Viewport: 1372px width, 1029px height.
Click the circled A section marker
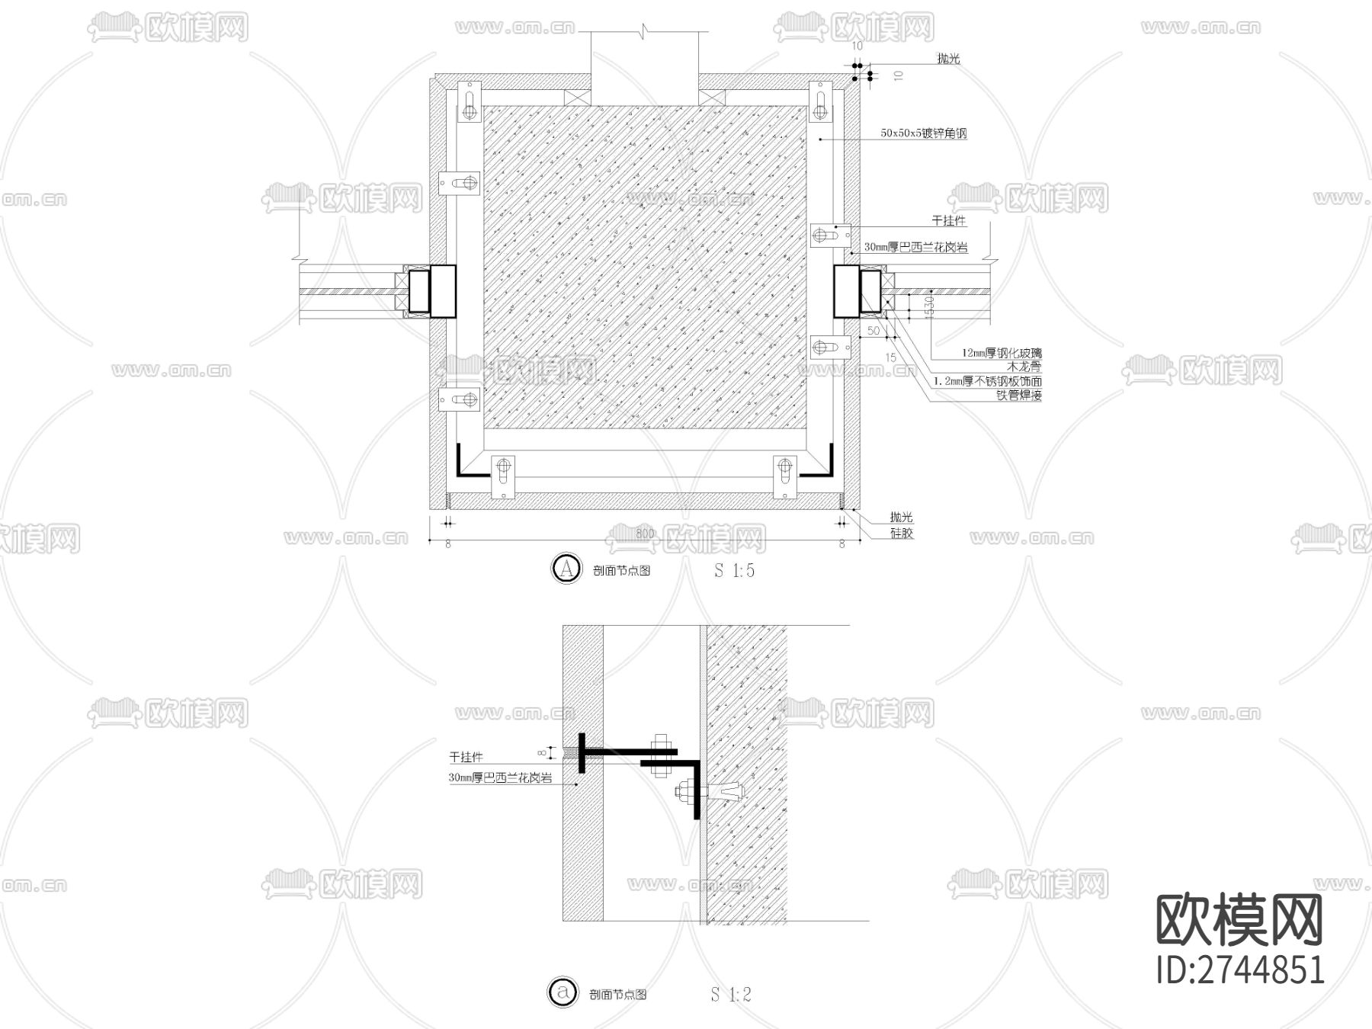(566, 569)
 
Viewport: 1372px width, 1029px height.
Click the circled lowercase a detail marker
(563, 992)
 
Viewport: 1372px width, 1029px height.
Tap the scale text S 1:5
(734, 570)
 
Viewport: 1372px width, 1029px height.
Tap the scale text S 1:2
(731, 994)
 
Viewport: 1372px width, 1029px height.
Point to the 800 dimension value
(645, 534)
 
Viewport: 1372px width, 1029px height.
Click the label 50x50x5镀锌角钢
(923, 133)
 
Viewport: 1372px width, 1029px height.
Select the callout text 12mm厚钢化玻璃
(1001, 353)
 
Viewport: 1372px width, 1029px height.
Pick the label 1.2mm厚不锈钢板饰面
(988, 381)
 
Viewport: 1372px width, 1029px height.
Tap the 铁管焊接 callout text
(1018, 396)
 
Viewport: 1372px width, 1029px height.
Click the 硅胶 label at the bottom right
(901, 534)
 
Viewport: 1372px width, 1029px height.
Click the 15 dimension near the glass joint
(890, 357)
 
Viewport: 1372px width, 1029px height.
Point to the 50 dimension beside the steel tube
(874, 331)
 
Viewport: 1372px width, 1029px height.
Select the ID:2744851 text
(1240, 970)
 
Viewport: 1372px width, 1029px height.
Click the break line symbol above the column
(646, 31)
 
